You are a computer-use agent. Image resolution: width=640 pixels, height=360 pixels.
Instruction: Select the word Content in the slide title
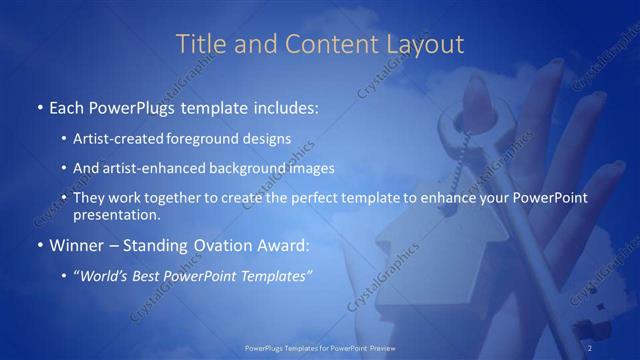pos(319,44)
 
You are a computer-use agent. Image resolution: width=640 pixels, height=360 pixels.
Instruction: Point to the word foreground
pos(219,138)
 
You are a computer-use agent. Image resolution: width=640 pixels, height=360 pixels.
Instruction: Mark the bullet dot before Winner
pos(38,245)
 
